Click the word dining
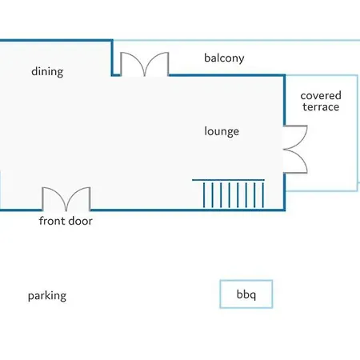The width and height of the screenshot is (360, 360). (47, 72)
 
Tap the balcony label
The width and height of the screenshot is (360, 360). (224, 58)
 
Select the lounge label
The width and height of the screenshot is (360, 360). (222, 131)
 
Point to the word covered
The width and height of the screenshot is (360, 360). (321, 95)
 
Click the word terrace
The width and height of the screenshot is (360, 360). (321, 107)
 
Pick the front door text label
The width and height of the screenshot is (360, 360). (66, 221)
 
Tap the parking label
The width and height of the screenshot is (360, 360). (47, 296)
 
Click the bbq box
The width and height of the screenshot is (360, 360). (246, 294)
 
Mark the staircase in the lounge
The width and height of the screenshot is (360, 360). (229, 194)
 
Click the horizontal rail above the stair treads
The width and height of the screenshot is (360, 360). (229, 180)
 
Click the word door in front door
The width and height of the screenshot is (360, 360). (80, 221)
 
